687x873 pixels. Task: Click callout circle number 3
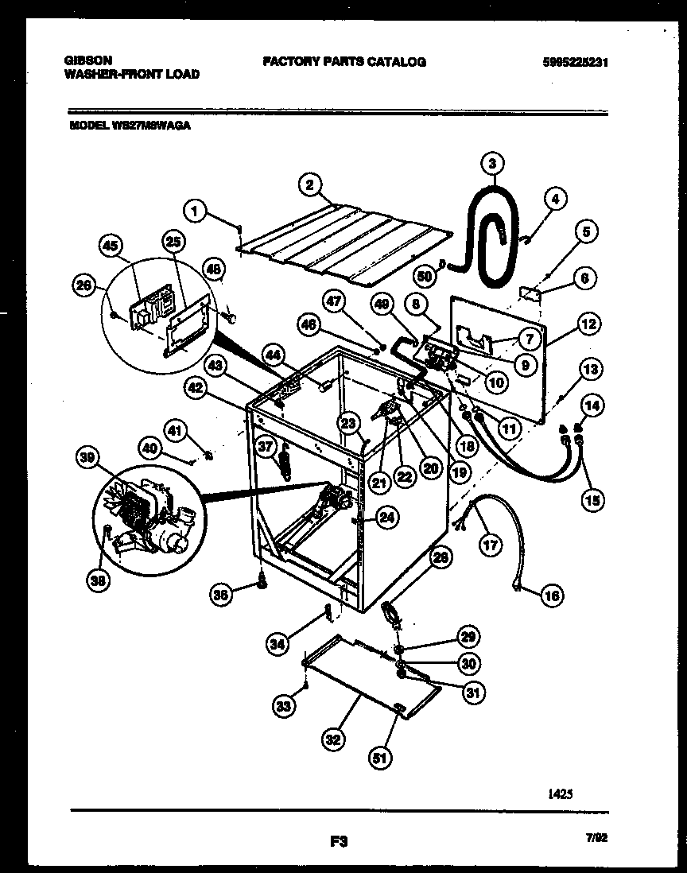pyautogui.click(x=492, y=165)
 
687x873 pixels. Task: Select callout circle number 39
pyautogui.click(x=88, y=458)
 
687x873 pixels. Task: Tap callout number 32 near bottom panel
pyautogui.click(x=332, y=740)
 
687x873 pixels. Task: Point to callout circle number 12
pyautogui.click(x=589, y=324)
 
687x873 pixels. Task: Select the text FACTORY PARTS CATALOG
pyautogui.click(x=344, y=61)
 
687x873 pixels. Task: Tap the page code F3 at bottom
pyautogui.click(x=339, y=840)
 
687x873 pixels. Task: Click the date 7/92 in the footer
pyautogui.click(x=605, y=838)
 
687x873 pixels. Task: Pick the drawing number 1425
pyautogui.click(x=560, y=793)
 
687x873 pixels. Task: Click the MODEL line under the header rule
pyautogui.click(x=130, y=125)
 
